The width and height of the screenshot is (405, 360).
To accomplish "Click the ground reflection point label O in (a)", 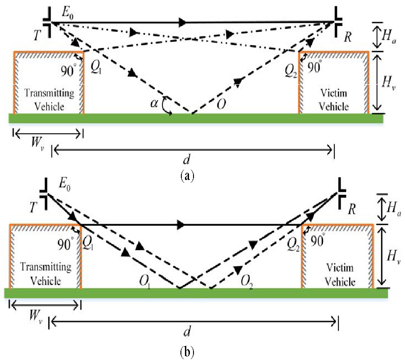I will (220, 104).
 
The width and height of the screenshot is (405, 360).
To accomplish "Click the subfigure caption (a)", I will (187, 175).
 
